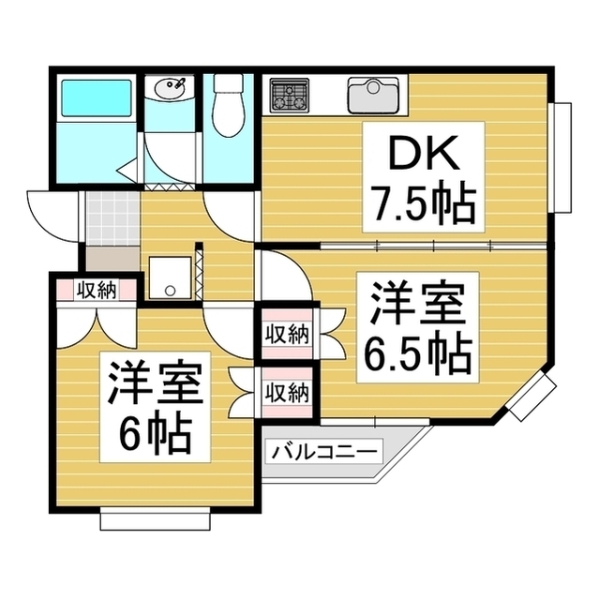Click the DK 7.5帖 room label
tap(424, 177)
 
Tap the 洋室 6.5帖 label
tap(417, 327)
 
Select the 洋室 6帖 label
tap(155, 407)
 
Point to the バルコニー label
tap(323, 452)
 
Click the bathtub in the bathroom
tap(97, 97)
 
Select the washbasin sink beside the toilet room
tap(170, 88)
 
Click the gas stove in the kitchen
tap(289, 96)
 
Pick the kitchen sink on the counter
tap(373, 96)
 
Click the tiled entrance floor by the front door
tap(112, 218)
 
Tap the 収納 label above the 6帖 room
tap(97, 291)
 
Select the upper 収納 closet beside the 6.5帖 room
tap(287, 335)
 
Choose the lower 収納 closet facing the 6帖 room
tap(287, 393)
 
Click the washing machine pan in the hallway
tap(170, 277)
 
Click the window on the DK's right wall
tap(560, 157)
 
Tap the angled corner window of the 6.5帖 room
tap(532, 397)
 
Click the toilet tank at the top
tap(229, 82)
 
